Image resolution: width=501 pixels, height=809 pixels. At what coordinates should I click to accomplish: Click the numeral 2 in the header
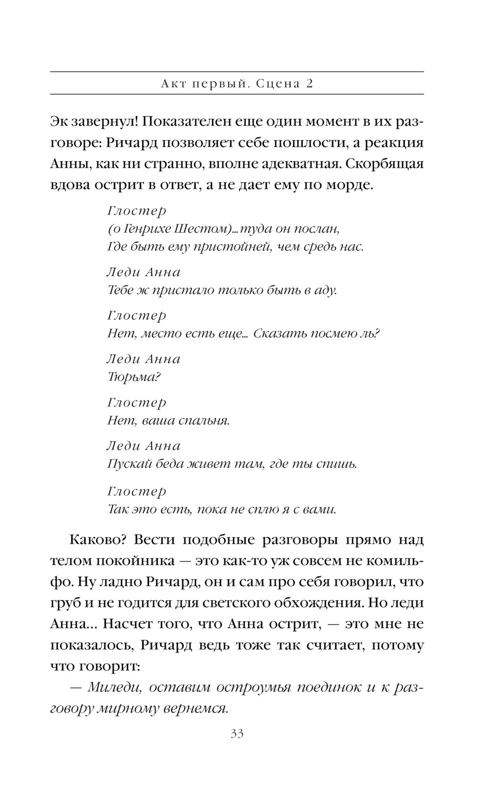coord(309,84)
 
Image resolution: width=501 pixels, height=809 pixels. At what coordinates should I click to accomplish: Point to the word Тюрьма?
coord(133,377)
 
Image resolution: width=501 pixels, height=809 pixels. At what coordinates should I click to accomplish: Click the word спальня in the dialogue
coord(204,421)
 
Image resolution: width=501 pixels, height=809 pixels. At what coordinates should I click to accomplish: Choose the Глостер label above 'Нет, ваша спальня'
coord(136,402)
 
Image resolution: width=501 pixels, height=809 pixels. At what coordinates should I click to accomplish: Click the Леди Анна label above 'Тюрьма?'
coord(144,359)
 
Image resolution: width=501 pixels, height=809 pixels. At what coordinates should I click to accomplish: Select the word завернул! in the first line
coord(102,122)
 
